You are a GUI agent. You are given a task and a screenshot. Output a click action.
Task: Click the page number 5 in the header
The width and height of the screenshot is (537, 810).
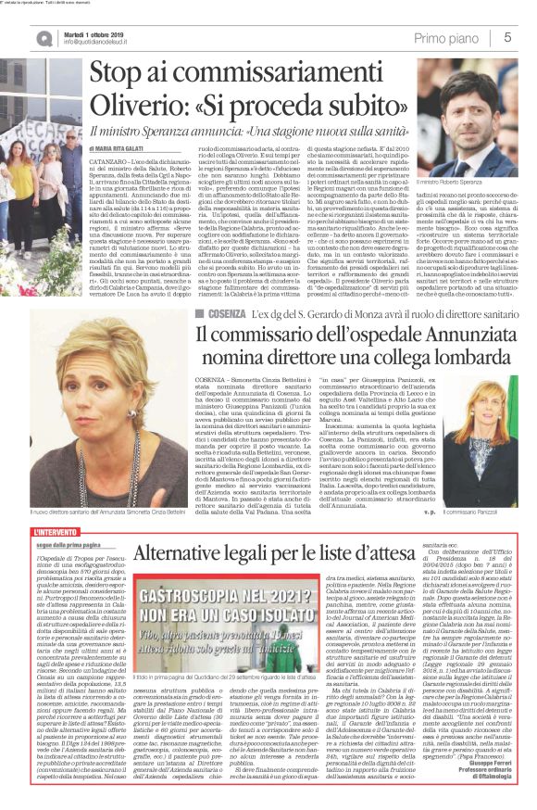click(508, 36)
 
